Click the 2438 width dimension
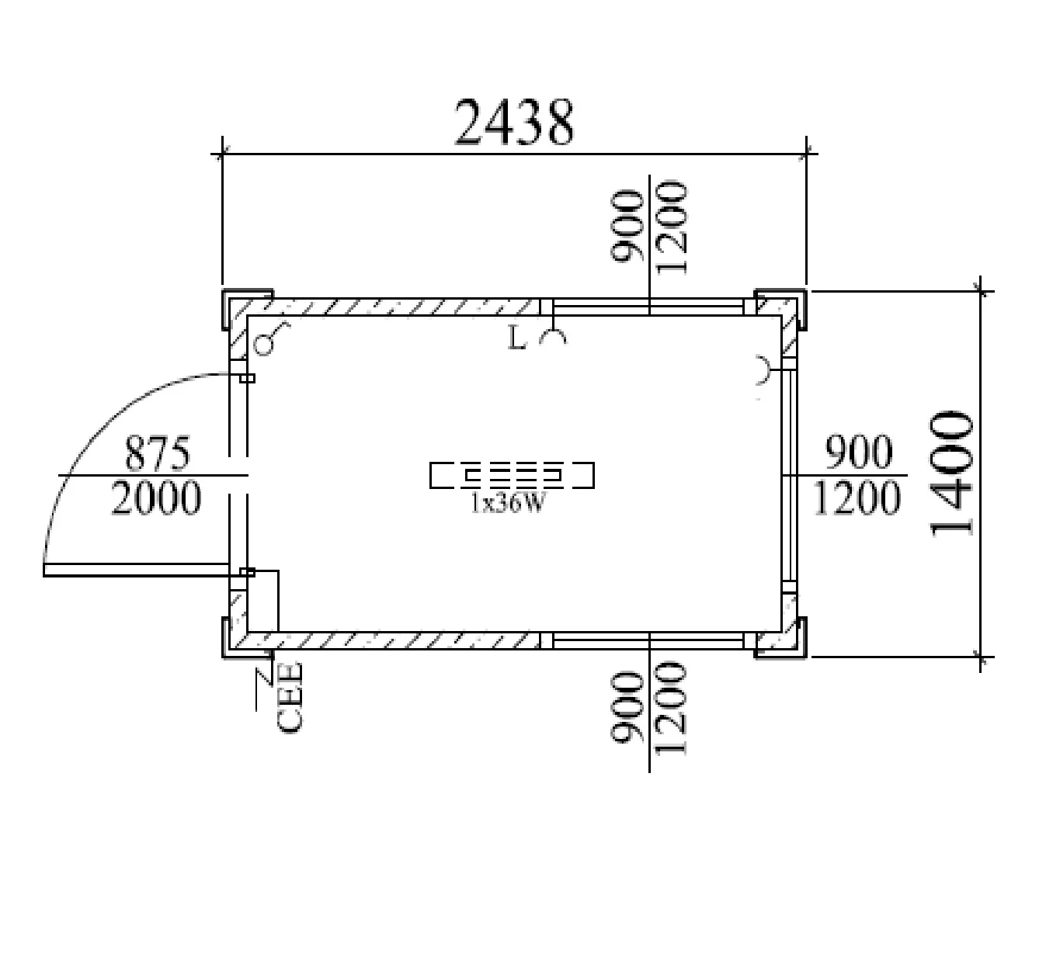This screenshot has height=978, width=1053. pos(514,122)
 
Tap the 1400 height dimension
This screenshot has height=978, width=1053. pos(952,473)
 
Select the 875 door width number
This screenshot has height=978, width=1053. pos(157,453)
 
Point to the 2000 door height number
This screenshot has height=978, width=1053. pos(156,498)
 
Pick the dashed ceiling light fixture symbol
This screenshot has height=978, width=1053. pos(512,474)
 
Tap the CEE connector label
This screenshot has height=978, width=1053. pos(290,697)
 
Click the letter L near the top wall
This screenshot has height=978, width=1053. pos(517,338)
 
